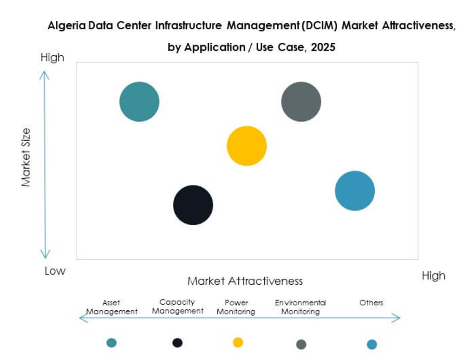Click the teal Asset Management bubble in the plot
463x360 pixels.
(x=139, y=102)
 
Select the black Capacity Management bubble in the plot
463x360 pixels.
(x=193, y=205)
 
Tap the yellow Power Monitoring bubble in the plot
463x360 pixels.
(x=247, y=146)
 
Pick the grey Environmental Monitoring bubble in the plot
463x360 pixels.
(x=301, y=102)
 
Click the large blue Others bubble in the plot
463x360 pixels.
(x=355, y=190)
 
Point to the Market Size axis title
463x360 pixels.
(x=26, y=157)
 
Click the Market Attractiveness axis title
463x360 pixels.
(x=245, y=281)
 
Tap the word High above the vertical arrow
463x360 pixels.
(x=52, y=58)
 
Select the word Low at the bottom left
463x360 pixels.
(x=55, y=271)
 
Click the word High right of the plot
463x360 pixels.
(x=433, y=275)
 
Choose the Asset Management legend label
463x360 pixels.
(x=112, y=307)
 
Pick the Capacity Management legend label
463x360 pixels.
(x=177, y=307)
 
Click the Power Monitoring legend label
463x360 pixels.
(x=236, y=307)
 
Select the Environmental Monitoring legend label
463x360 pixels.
(x=300, y=307)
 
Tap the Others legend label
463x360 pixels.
(x=371, y=302)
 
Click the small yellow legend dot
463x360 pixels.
(x=238, y=342)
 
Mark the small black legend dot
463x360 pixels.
(x=177, y=343)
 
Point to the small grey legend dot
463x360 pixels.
(x=301, y=344)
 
